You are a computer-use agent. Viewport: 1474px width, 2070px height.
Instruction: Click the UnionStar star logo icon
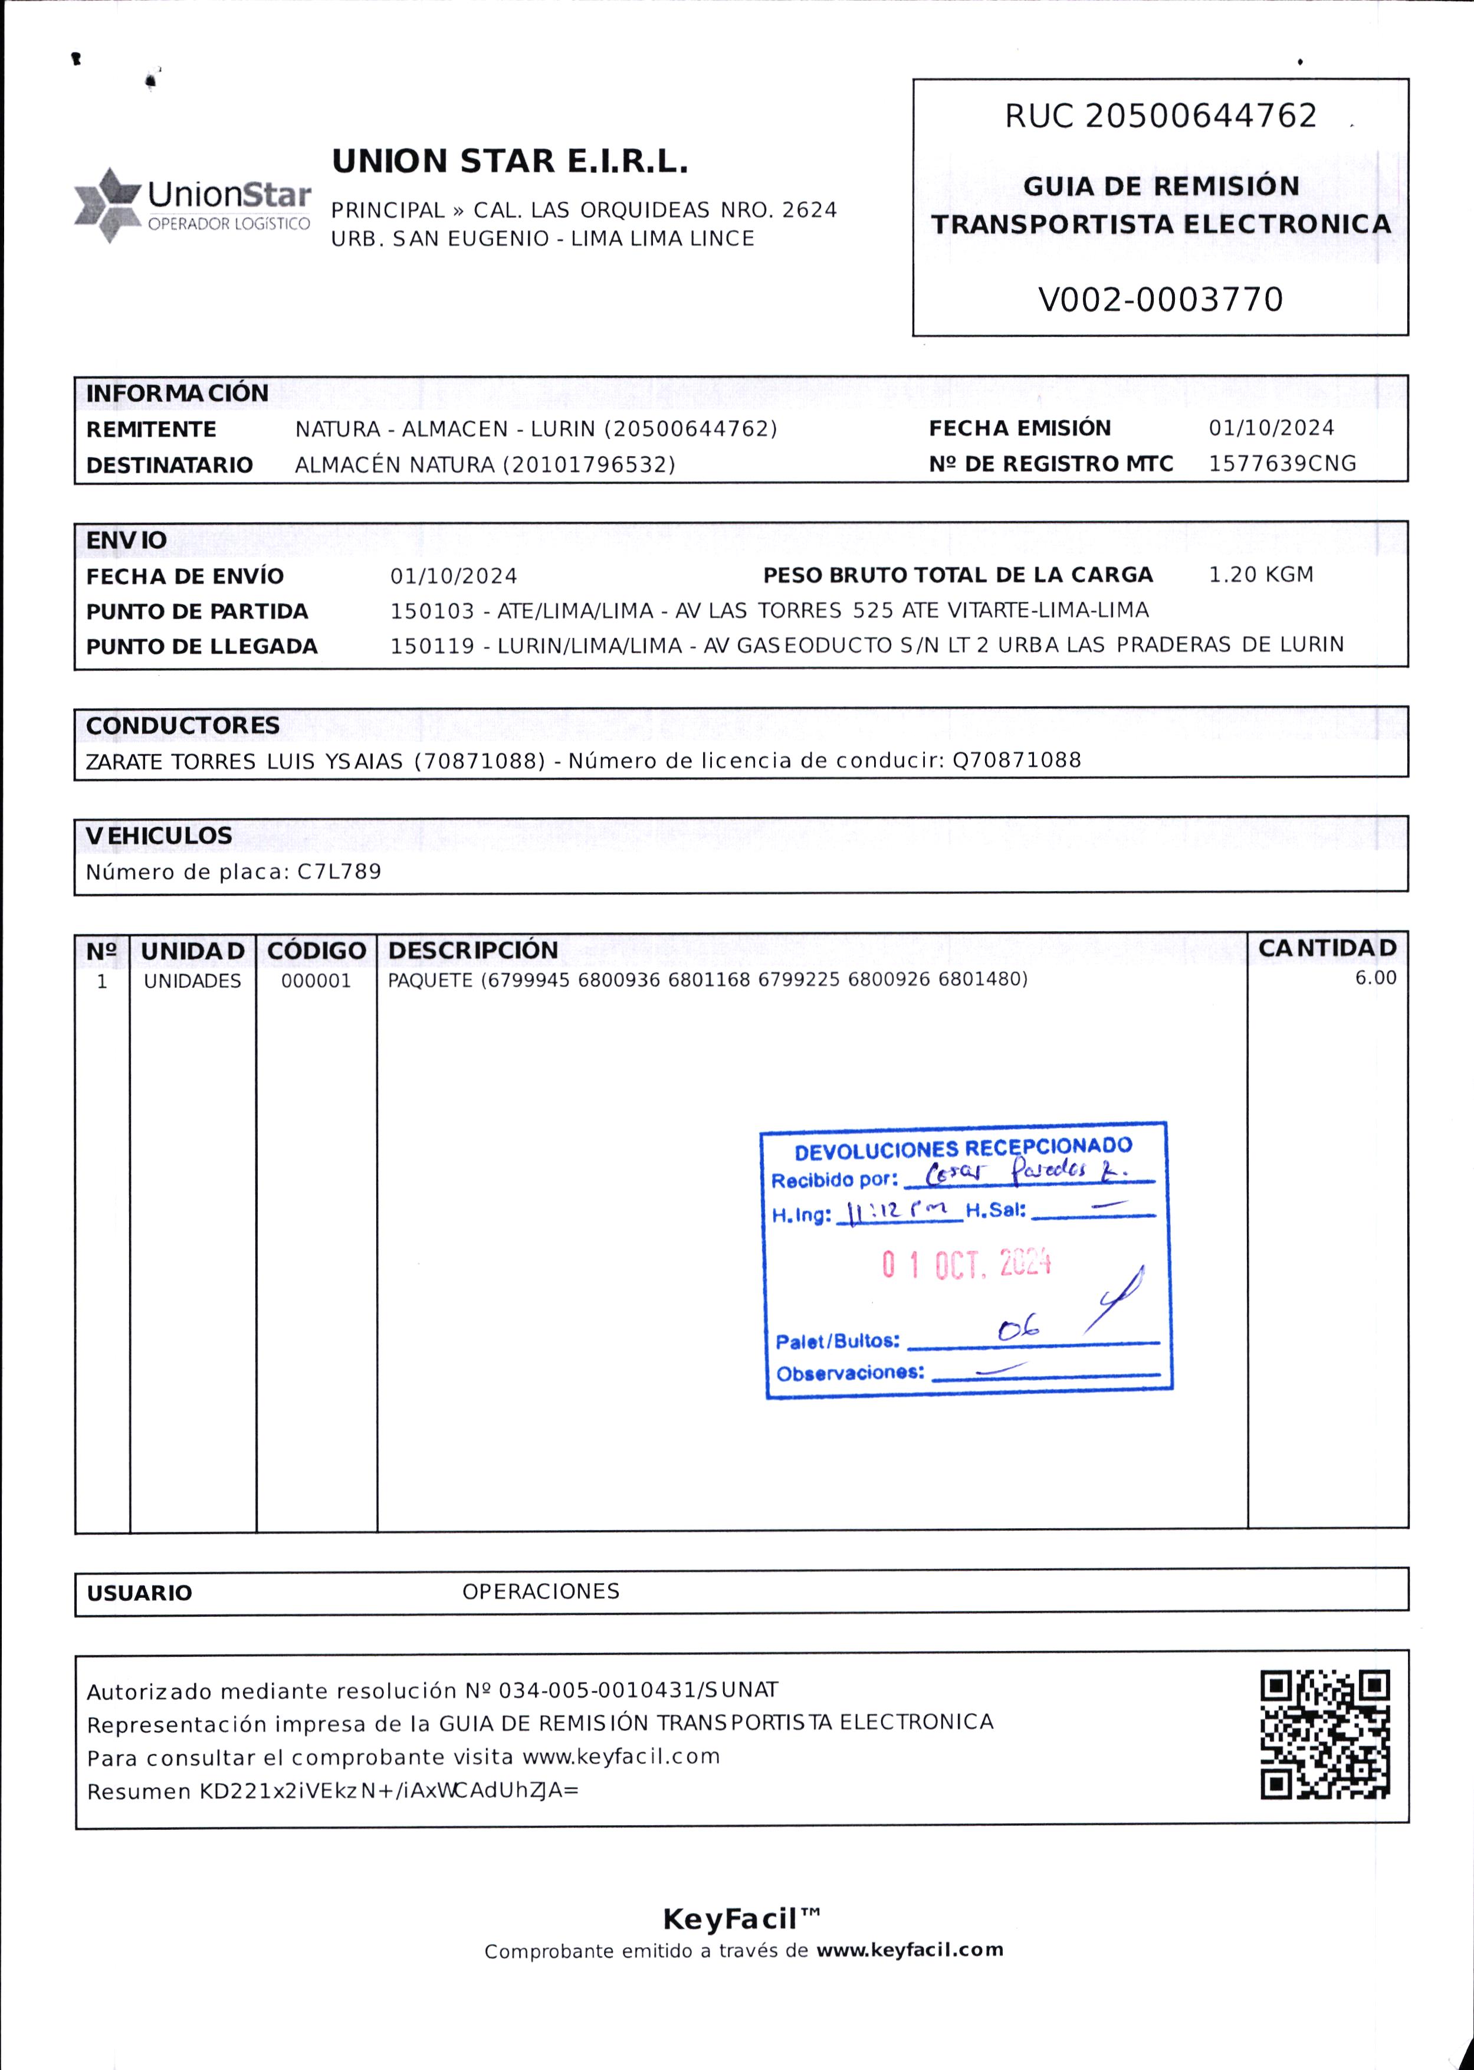click(x=107, y=205)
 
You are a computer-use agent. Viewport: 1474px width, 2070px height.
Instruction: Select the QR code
click(x=1325, y=1735)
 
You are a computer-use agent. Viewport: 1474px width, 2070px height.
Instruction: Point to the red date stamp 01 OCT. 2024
click(x=966, y=1264)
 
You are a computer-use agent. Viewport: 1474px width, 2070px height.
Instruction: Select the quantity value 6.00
click(x=1375, y=978)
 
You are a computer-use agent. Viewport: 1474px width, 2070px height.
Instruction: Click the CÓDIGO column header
click(x=316, y=951)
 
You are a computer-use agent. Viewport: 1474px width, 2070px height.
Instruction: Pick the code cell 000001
click(x=316, y=981)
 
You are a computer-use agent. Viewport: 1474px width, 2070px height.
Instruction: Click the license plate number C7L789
click(x=340, y=872)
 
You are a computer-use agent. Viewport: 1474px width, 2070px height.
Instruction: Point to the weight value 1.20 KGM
click(x=1260, y=575)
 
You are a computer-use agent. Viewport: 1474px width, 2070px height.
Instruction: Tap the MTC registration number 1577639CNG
click(x=1282, y=463)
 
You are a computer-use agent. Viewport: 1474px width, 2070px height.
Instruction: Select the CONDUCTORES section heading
click(x=182, y=725)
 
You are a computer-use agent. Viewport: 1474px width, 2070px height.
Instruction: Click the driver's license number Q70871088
click(x=1016, y=760)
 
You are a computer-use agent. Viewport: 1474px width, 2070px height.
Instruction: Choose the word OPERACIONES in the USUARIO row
click(x=540, y=1591)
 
